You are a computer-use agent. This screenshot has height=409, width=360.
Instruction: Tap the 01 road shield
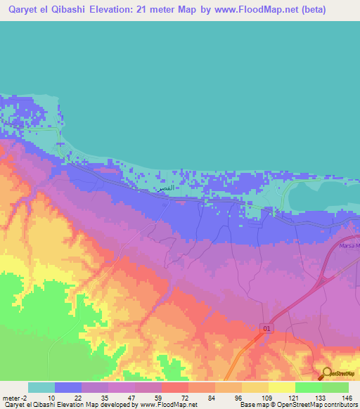click(x=267, y=328)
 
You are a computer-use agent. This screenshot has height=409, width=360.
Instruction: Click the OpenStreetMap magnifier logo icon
click(x=327, y=374)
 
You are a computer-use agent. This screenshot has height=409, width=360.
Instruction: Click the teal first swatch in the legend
click(x=41, y=387)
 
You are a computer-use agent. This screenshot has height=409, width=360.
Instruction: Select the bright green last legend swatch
click(x=335, y=387)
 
